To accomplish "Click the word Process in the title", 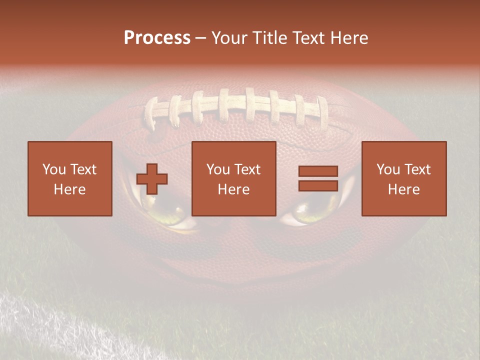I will pos(157,38).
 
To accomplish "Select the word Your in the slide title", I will pos(228,38).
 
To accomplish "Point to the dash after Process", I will pos(200,38).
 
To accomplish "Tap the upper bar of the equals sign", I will pos(318,171).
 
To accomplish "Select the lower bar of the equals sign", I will pos(318,185).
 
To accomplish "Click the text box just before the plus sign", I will pos(69,178).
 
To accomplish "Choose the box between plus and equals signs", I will pos(233,178).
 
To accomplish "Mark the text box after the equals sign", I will pos(403,178).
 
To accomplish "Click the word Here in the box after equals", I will pos(403,189).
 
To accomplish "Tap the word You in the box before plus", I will pos(54,169).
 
